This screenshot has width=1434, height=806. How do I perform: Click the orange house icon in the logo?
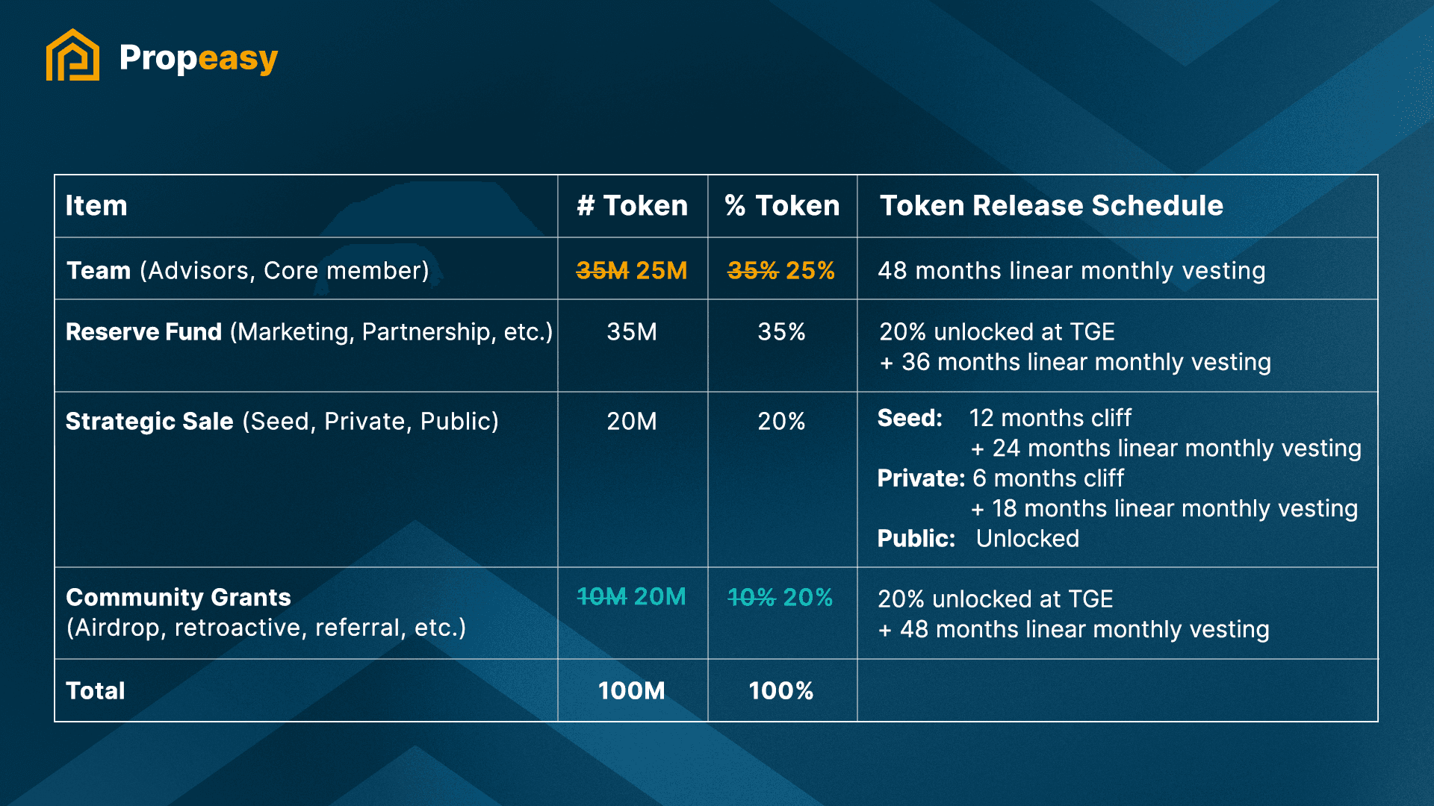(x=72, y=55)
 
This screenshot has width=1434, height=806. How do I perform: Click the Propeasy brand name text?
(x=198, y=58)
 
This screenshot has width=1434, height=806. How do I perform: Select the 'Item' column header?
(x=96, y=205)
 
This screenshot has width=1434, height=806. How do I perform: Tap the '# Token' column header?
(x=632, y=205)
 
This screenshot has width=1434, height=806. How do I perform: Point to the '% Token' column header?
(x=782, y=205)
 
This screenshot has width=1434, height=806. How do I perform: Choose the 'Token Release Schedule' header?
(x=1051, y=205)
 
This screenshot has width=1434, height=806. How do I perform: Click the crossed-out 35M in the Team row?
(x=602, y=270)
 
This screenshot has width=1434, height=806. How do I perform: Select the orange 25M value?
(x=661, y=270)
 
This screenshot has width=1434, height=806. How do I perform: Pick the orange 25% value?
(x=810, y=270)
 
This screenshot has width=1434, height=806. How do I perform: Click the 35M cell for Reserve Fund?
(x=632, y=331)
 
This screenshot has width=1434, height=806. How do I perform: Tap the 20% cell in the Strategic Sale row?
(x=781, y=421)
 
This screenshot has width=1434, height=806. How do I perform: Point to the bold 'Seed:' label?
(x=910, y=418)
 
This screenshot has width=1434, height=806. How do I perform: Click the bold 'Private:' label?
(x=921, y=478)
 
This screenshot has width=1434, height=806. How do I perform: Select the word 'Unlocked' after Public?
(x=1027, y=538)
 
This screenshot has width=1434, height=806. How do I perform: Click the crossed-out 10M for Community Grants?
(x=602, y=597)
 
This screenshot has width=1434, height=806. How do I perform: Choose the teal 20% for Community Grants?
(x=808, y=597)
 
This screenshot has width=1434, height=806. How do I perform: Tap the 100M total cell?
(x=632, y=690)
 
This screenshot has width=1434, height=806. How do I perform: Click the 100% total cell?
(x=781, y=690)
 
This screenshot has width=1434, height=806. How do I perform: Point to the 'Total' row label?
(x=96, y=690)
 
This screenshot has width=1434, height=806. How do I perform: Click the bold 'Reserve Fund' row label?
(x=143, y=331)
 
